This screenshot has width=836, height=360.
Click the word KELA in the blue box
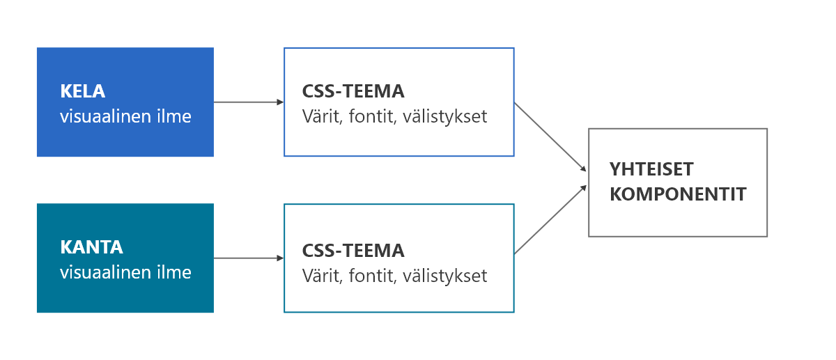82,92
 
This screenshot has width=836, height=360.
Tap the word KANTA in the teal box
91,247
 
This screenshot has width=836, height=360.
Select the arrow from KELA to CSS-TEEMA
248,102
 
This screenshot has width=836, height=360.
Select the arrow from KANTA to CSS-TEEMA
248,258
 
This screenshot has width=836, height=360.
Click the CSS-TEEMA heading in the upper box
353,92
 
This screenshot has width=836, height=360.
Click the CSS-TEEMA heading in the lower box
353,251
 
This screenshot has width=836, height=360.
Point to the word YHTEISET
651,169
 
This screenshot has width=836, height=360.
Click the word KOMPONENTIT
678,194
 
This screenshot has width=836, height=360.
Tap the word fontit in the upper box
372,116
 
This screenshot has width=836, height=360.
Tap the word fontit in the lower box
372,275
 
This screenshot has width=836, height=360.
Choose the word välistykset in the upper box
445,116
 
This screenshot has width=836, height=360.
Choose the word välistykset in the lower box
445,275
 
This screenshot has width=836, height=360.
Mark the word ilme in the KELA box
175,116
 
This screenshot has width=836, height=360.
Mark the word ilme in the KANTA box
175,272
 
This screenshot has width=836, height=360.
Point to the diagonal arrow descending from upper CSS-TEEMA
550,136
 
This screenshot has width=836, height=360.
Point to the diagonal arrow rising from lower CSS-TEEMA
550,219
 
